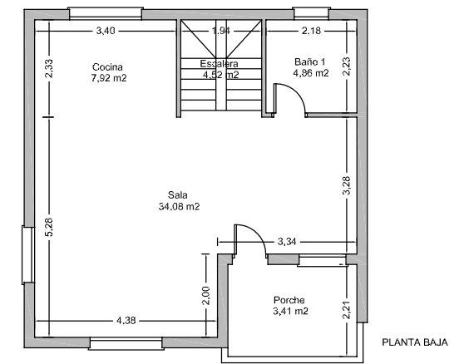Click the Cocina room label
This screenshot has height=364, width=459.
click(107, 67)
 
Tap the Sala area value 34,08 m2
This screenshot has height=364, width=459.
click(179, 207)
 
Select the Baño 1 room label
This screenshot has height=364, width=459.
click(309, 62)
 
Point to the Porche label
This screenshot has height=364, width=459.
click(289, 300)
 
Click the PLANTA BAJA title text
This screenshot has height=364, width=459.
click(415, 342)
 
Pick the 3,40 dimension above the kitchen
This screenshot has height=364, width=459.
click(106, 31)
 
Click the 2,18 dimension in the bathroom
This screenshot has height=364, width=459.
click(311, 31)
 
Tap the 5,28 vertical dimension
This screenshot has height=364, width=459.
click(48, 227)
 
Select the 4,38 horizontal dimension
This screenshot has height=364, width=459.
click(126, 321)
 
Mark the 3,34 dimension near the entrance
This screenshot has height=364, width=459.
click(287, 242)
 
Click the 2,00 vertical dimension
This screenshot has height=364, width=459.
click(206, 296)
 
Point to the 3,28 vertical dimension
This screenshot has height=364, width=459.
click(347, 185)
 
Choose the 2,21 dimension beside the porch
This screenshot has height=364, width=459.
click(347, 310)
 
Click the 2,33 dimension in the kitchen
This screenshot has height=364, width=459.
click(48, 68)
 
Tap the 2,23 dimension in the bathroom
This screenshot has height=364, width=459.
click(347, 66)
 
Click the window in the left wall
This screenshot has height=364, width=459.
click(28, 254)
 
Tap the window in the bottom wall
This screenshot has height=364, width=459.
click(126, 343)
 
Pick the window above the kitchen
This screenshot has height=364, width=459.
click(106, 13)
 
